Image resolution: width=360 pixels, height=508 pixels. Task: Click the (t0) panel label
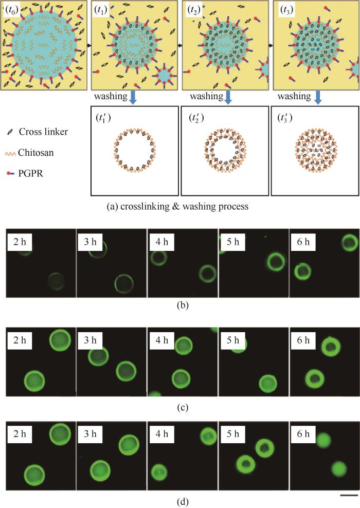click(12, 9)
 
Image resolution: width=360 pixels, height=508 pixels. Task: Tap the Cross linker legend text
click(43, 132)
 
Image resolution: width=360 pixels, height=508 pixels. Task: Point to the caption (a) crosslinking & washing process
click(179, 207)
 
